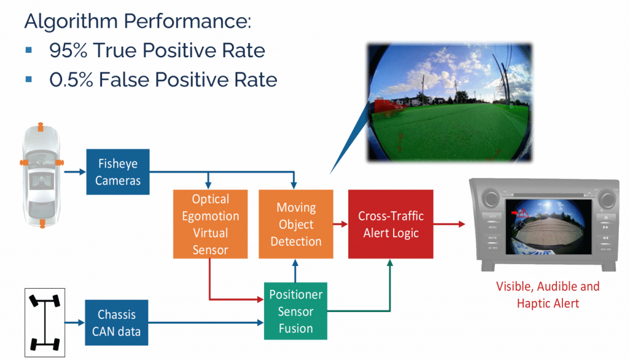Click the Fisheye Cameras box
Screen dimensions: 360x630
pos(118,172)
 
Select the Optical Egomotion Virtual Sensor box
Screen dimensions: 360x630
pos(210,224)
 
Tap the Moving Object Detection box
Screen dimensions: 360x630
pos(296,224)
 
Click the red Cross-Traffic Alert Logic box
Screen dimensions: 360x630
pos(391,224)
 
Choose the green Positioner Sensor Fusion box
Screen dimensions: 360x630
pos(296,311)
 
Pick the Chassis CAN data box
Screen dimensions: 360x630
pos(117,323)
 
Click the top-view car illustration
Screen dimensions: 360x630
pos(42,176)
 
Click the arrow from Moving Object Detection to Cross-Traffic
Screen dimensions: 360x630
pos(340,224)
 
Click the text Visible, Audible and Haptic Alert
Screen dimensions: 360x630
pos(548,294)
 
